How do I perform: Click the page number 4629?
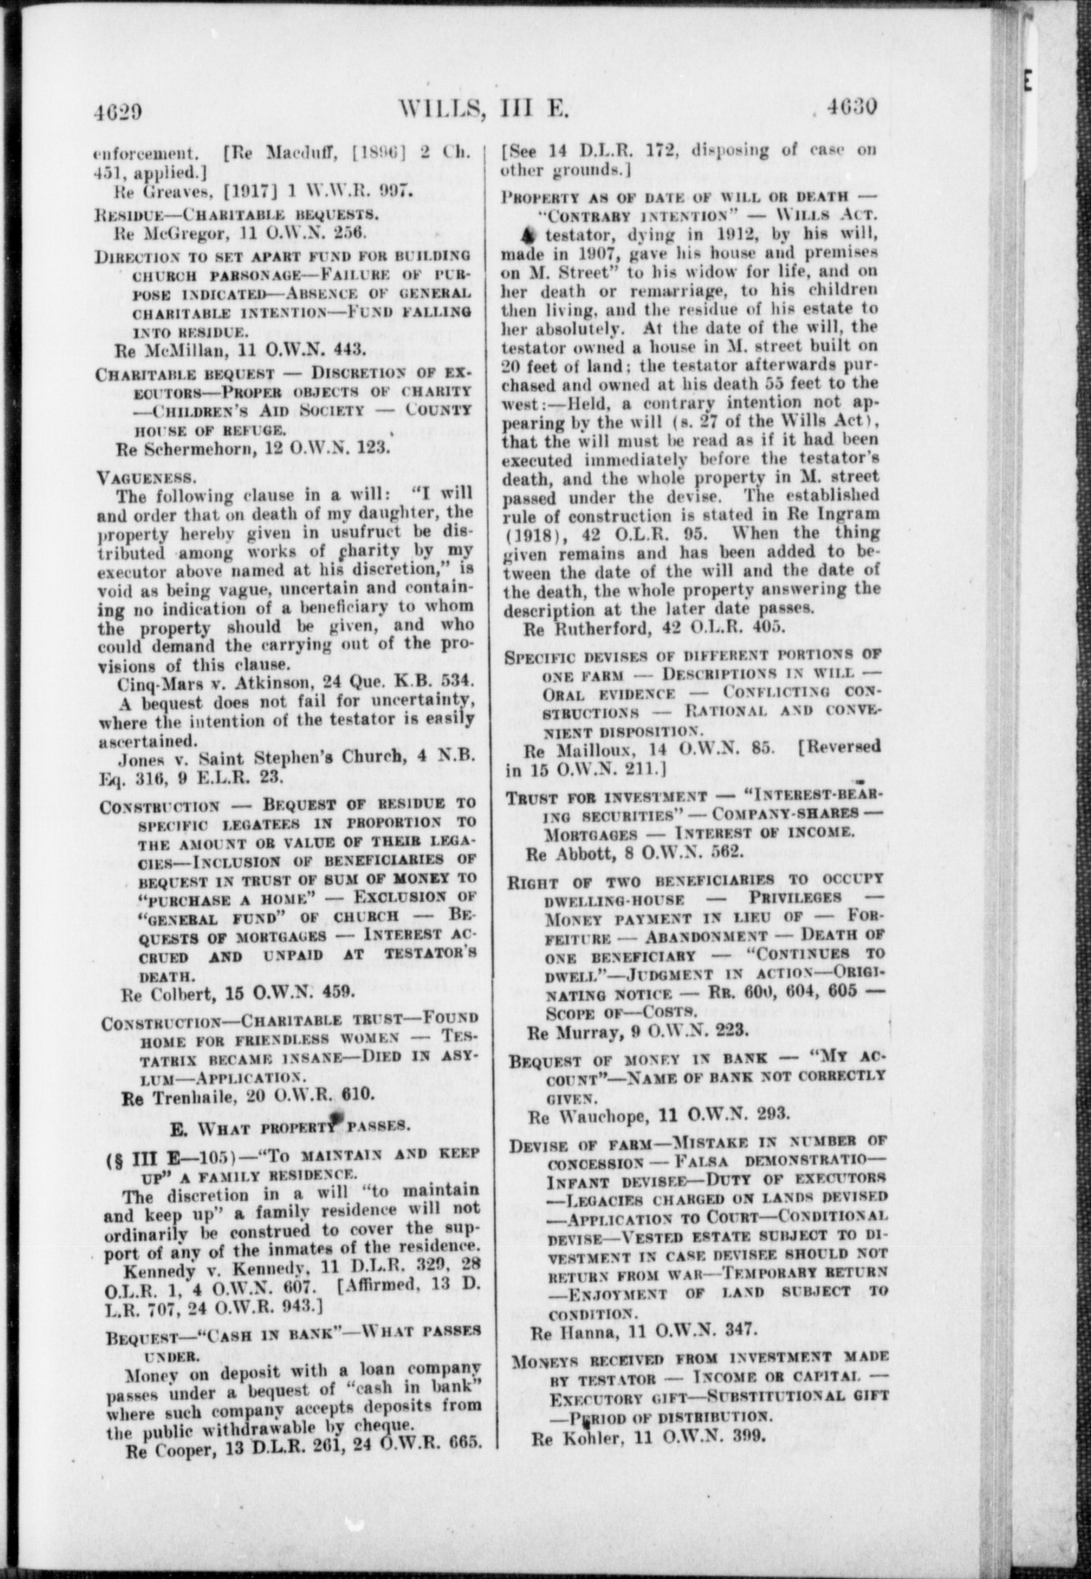(118, 111)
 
